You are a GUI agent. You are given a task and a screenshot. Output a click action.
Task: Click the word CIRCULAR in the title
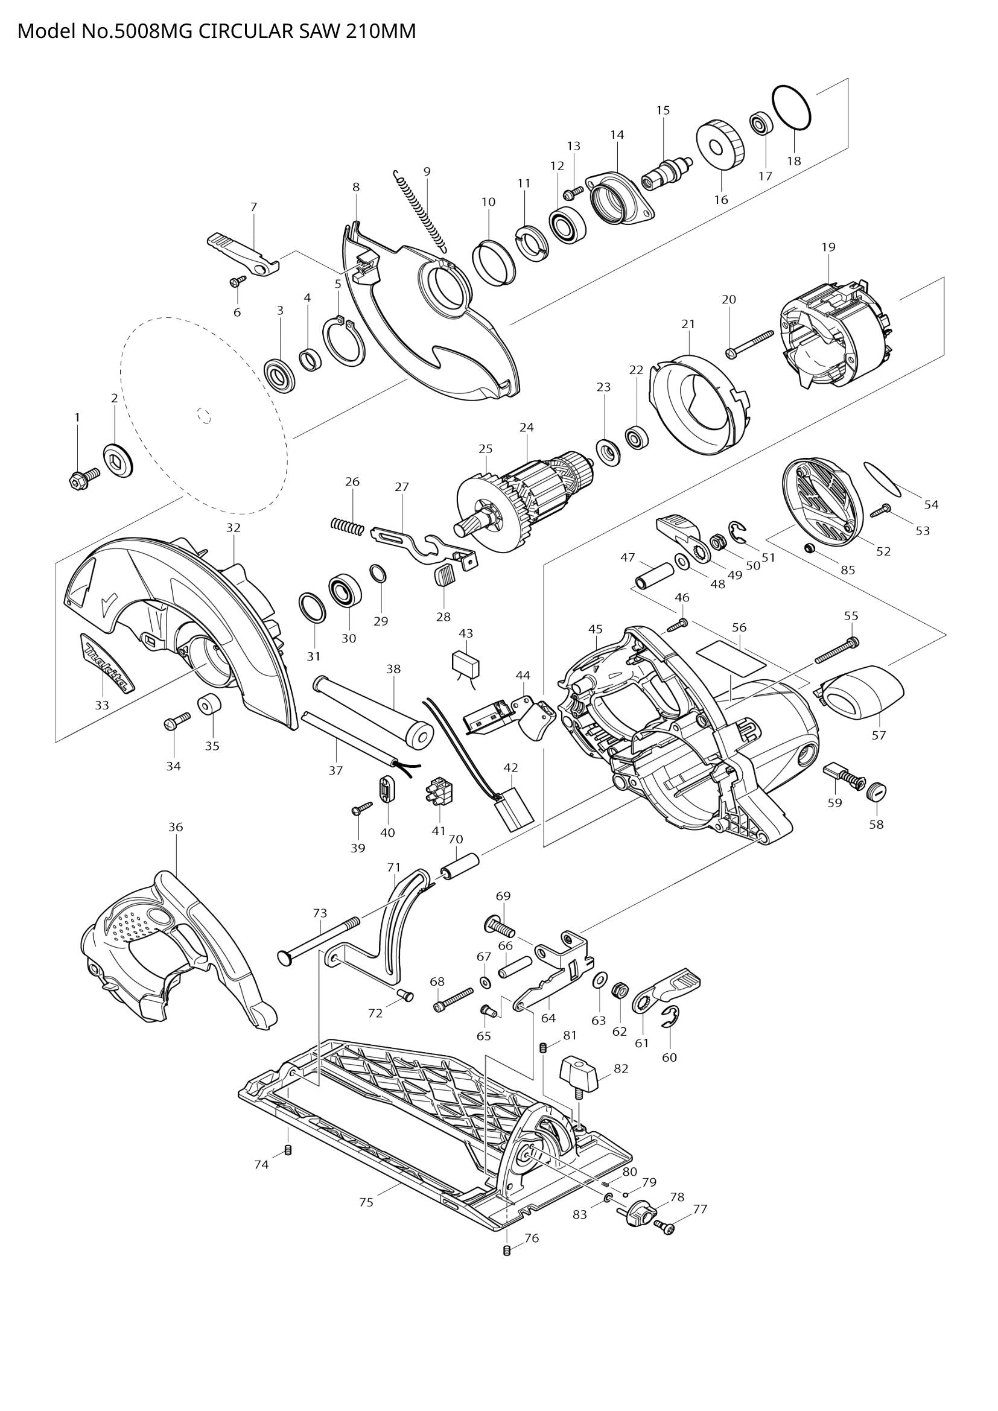[x=246, y=31]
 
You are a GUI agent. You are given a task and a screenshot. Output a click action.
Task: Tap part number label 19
[x=828, y=247]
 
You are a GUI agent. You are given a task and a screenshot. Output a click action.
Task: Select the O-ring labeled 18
[x=792, y=107]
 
